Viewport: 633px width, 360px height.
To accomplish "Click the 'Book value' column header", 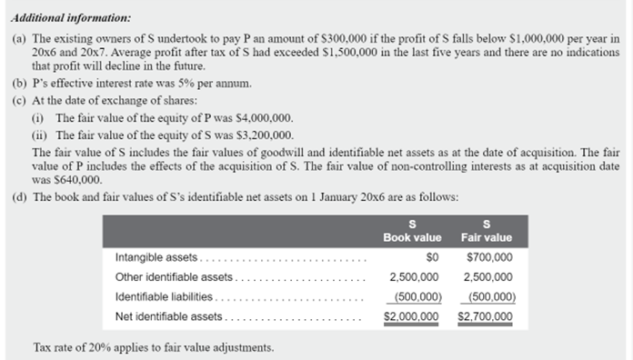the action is pyautogui.click(x=412, y=237).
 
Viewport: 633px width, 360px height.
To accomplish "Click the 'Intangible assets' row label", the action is pyautogui.click(x=156, y=257).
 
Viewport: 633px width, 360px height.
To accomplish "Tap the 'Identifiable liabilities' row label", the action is pyautogui.click(x=165, y=296).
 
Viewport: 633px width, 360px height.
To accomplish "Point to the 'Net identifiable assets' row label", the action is pyautogui.click(x=168, y=315).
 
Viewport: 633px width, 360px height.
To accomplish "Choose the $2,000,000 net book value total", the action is pyautogui.click(x=412, y=315).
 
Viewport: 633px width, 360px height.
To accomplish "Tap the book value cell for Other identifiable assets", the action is pyautogui.click(x=416, y=277).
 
